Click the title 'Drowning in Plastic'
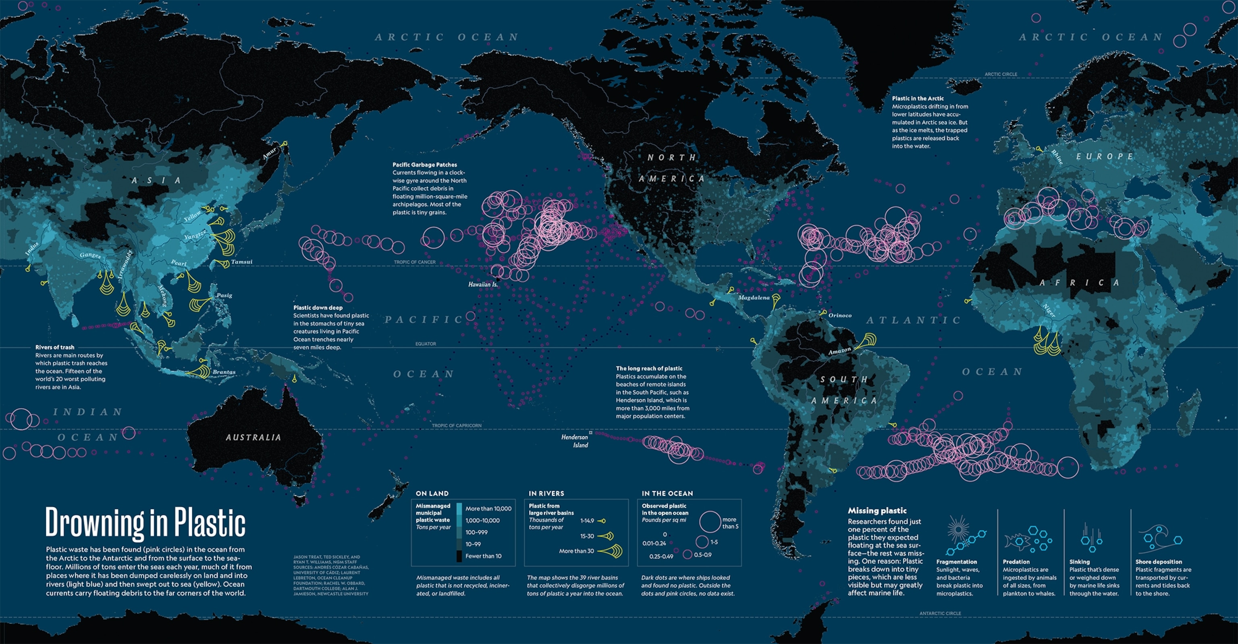point(145,522)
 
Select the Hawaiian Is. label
point(482,284)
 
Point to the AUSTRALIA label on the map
point(253,437)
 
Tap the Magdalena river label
point(754,298)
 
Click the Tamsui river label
point(241,262)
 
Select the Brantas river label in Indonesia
point(224,372)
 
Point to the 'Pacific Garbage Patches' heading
point(424,165)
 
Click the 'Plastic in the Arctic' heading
point(918,98)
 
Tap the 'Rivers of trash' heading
point(55,347)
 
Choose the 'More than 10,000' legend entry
point(488,509)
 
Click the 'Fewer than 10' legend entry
point(483,556)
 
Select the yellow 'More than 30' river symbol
point(611,551)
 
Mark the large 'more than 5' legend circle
point(710,522)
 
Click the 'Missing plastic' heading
point(877,511)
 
